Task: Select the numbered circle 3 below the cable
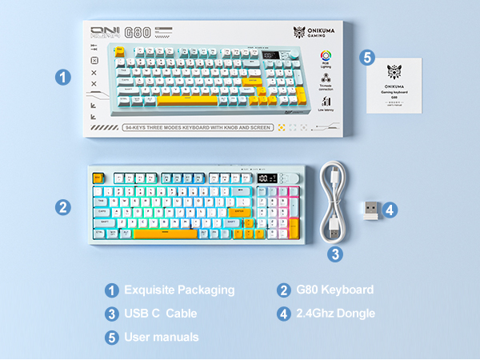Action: click(x=336, y=254)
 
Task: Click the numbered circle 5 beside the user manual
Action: click(x=366, y=58)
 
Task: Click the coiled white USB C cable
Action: click(x=335, y=203)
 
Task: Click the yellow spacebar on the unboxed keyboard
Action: click(x=165, y=233)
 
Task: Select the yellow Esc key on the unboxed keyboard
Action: click(x=99, y=178)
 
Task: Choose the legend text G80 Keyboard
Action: click(x=336, y=290)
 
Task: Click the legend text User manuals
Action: click(x=162, y=337)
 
